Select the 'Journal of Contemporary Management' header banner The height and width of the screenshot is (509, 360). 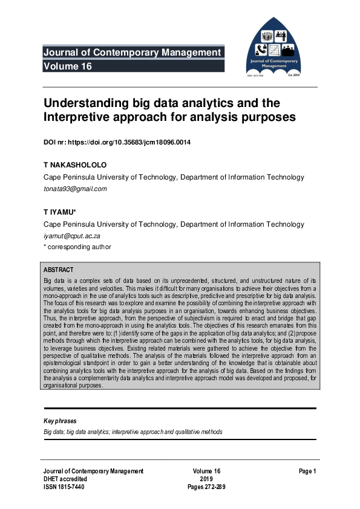(x=132, y=53)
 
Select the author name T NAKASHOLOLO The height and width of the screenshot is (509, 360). (x=74, y=165)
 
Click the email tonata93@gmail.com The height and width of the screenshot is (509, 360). (x=75, y=189)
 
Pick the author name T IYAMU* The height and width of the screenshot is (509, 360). (x=59, y=212)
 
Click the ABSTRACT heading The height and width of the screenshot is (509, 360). (x=59, y=269)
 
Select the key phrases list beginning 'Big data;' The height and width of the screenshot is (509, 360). (x=133, y=432)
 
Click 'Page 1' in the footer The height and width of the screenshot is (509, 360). (x=307, y=471)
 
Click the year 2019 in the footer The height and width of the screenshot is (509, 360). (x=206, y=479)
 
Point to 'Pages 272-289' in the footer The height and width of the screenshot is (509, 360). (x=206, y=487)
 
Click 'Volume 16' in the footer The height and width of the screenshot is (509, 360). (x=206, y=471)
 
